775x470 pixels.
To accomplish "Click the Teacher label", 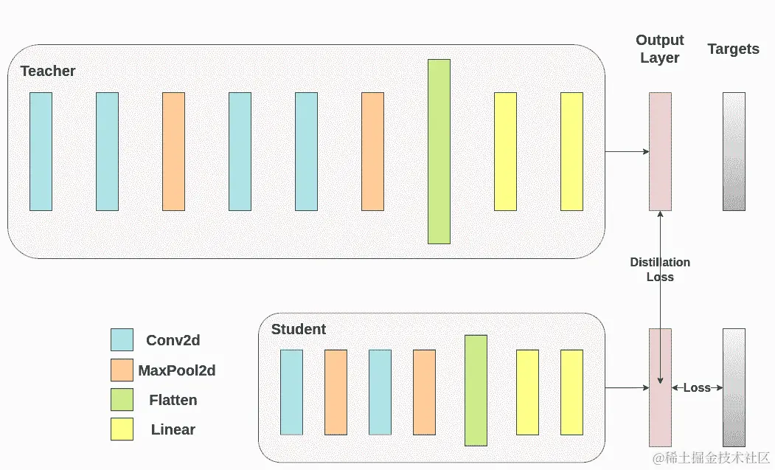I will tap(48, 71).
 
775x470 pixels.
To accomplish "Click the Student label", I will tap(298, 329).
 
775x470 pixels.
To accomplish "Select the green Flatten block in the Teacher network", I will tap(439, 151).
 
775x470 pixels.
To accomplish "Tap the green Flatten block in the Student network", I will tap(476, 390).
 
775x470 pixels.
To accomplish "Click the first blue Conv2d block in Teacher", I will tap(41, 151).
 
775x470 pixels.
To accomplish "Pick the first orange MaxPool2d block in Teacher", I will tap(173, 151).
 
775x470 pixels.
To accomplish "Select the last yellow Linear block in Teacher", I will tap(571, 151).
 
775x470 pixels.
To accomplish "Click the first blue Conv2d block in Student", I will tap(291, 392).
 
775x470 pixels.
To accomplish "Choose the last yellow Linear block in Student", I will tap(571, 392).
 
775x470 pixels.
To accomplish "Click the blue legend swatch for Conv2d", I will tap(122, 339).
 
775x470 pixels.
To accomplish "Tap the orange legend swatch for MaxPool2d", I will tap(122, 370).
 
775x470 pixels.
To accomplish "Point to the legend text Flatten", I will tap(173, 400).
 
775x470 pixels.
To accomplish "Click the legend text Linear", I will tap(173, 429).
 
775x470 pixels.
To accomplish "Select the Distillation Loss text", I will tap(660, 269).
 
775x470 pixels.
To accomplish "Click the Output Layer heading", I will tap(660, 49).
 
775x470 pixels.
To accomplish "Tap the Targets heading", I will tap(733, 49).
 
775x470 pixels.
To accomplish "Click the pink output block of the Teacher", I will tap(660, 151).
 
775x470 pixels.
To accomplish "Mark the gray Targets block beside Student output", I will tap(734, 387).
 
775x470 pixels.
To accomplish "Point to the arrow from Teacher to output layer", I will tap(627, 151).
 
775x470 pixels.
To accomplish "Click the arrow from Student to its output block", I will tap(627, 387).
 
